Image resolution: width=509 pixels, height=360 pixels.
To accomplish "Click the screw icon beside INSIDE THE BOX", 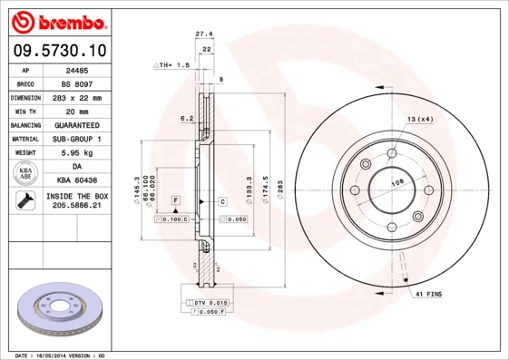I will pyautogui.click(x=24, y=201).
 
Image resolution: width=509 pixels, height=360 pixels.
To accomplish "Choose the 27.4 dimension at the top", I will pyautogui.click(x=204, y=34).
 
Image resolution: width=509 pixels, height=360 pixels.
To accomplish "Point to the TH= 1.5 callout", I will pyautogui.click(x=172, y=65).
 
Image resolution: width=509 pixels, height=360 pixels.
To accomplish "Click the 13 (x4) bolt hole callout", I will pyautogui.click(x=418, y=120).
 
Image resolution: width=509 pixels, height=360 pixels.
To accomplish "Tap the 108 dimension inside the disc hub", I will pyautogui.click(x=396, y=182).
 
